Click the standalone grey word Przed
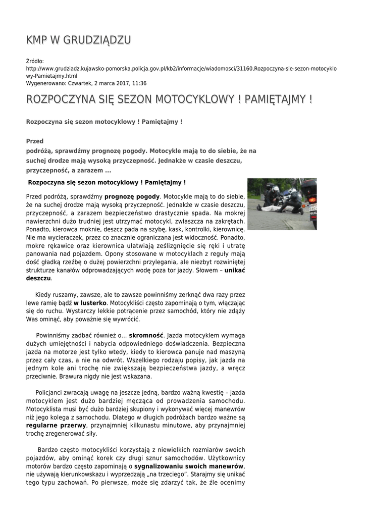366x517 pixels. [x=35, y=141]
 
